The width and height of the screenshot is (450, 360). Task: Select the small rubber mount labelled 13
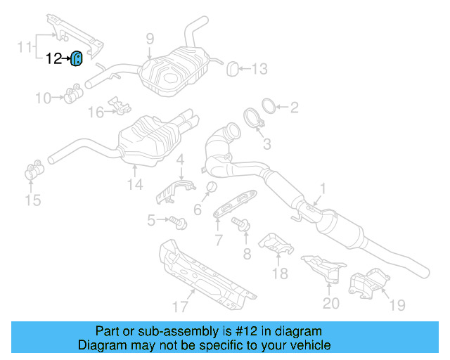pos(232,68)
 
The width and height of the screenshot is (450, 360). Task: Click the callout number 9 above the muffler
pos(150,39)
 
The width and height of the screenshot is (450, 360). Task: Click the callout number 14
pos(135,184)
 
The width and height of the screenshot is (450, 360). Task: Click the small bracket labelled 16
pos(122,106)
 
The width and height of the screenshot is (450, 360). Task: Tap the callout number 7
pos(219,240)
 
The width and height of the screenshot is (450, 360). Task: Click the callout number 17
pos(181,306)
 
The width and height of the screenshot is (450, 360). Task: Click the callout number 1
pos(323,189)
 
